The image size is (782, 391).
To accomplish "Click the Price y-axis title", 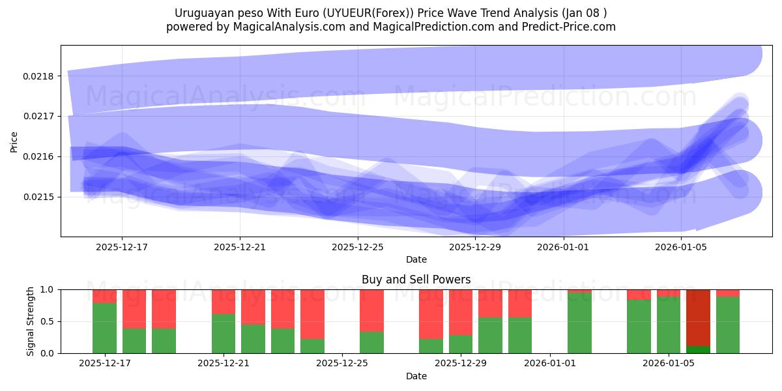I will pos(14,141).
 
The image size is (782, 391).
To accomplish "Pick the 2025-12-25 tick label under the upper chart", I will pos(358,247).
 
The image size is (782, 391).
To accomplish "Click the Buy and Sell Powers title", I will pos(416,280).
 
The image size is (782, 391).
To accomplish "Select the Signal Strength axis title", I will pos(31,321).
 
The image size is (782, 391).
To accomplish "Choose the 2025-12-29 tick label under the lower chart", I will pos(461,363).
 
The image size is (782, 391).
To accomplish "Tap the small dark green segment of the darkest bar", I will pos(698,350).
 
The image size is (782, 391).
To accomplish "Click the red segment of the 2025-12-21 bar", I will pos(224,302).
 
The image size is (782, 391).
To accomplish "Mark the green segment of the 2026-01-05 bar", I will pos(669,325).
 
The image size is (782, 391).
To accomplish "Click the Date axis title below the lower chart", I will pos(416,376).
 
